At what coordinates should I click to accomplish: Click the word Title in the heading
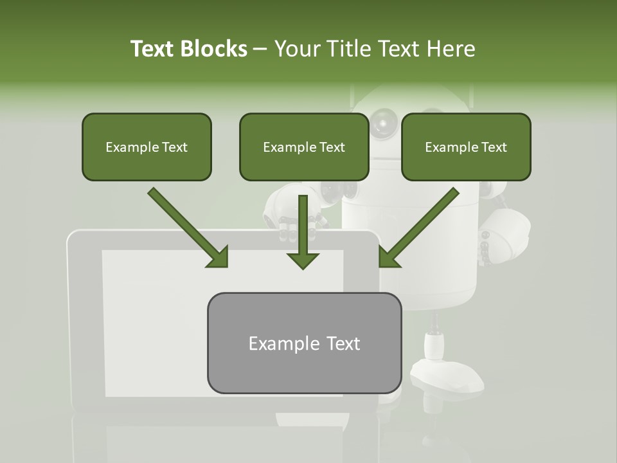click(347, 49)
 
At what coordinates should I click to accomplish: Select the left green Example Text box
click(147, 147)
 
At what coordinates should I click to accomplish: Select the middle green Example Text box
click(304, 147)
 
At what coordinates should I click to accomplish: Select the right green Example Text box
click(466, 147)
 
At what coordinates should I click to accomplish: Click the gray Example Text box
click(304, 343)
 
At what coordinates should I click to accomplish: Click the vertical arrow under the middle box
click(303, 232)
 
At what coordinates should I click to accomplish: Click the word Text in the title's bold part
click(153, 49)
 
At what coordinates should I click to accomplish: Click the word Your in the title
click(296, 49)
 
